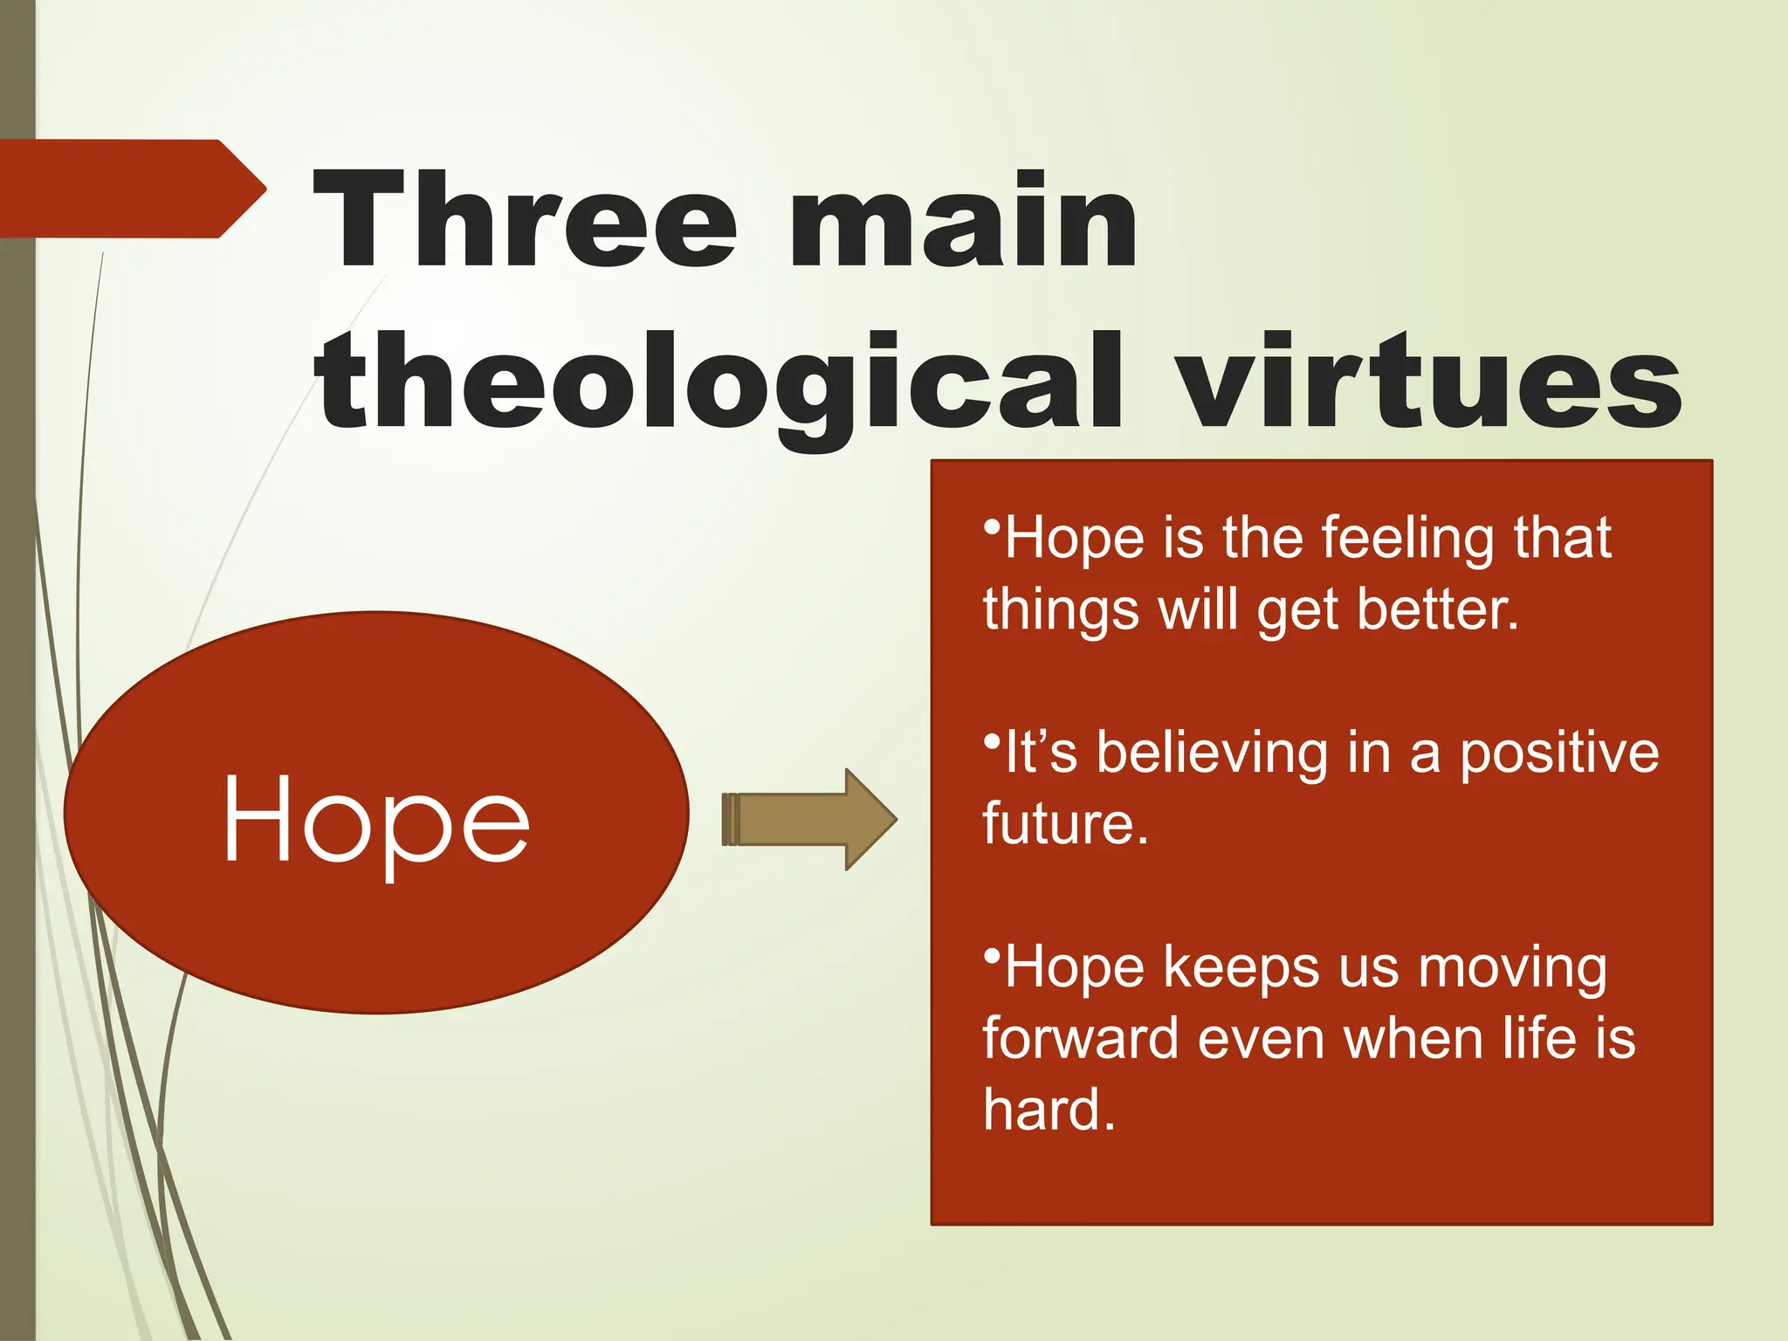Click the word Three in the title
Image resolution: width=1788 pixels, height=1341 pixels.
click(526, 220)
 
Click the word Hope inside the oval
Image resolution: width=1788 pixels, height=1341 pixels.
click(376, 821)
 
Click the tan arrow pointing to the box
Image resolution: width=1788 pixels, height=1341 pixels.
click(808, 819)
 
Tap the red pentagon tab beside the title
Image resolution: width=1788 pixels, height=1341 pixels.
click(131, 189)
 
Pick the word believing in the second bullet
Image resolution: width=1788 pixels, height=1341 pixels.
click(1213, 753)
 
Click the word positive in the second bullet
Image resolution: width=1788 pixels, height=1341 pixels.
click(1559, 754)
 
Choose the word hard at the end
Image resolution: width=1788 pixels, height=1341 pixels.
click(1049, 1111)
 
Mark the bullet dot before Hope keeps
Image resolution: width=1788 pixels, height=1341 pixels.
click(991, 956)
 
